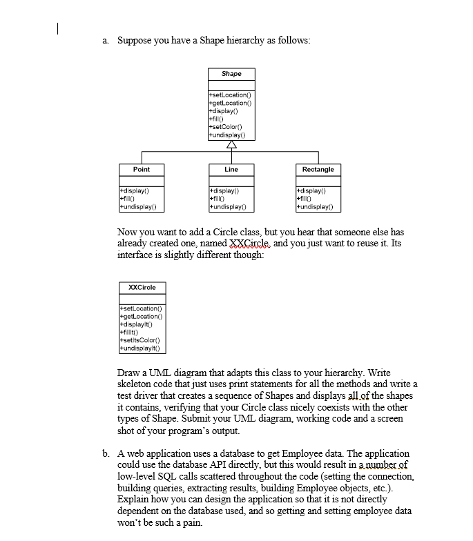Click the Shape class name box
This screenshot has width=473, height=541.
pos(231,73)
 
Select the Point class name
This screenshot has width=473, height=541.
pos(141,169)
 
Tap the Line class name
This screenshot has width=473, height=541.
pos(231,169)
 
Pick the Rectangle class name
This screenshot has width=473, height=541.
pos(318,169)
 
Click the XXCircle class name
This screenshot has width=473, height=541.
pos(142,287)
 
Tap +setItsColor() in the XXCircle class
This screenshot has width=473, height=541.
pos(141,340)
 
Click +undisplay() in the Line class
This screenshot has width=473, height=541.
pos(227,206)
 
